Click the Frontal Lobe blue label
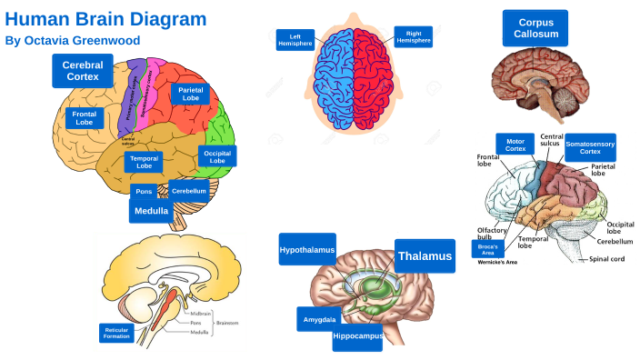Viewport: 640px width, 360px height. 85,118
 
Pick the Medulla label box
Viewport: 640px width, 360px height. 151,211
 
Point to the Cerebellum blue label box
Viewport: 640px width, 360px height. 189,191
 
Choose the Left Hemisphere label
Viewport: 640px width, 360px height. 295,40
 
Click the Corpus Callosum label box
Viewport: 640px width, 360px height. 535,28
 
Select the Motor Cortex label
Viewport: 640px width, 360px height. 515,145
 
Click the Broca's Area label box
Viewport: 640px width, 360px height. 486,248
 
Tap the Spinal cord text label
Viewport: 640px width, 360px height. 608,259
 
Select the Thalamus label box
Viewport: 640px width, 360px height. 425,256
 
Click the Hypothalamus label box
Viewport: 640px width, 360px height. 306,249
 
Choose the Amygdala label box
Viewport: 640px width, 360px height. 318,319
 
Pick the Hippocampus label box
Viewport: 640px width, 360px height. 357,336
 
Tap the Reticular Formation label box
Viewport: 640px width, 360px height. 117,333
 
